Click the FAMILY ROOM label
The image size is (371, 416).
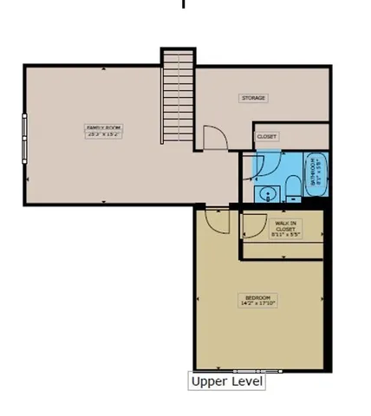pyautogui.click(x=98, y=130)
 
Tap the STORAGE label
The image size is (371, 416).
pyautogui.click(x=253, y=98)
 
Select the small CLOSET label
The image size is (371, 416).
pyautogui.click(x=266, y=136)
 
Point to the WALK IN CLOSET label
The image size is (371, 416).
pyautogui.click(x=284, y=225)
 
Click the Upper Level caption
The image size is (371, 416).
pyautogui.click(x=226, y=380)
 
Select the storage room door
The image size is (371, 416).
pyautogui.click(x=214, y=139)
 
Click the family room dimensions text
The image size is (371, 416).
pyautogui.click(x=98, y=134)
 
